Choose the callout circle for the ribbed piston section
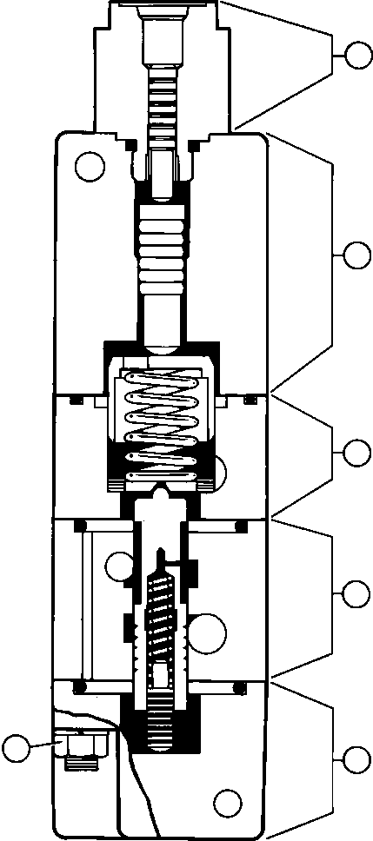pos(357,255)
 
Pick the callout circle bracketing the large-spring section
pos(357,453)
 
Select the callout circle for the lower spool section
pos(357,593)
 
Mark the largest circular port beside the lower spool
pos(209,632)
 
